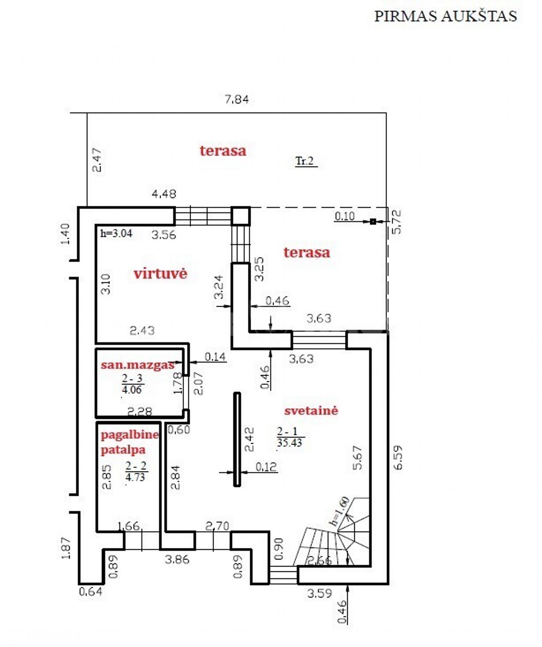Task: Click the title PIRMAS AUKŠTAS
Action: pyautogui.click(x=445, y=16)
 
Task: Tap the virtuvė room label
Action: pyautogui.click(x=160, y=273)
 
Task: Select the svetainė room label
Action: pyautogui.click(x=311, y=410)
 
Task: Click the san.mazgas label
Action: pyautogui.click(x=137, y=365)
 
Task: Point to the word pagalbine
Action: pyautogui.click(x=130, y=435)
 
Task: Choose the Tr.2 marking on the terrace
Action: pyautogui.click(x=305, y=161)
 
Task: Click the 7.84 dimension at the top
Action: pyautogui.click(x=237, y=99)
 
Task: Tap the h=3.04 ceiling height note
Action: pyautogui.click(x=116, y=233)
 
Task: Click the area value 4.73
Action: pyautogui.click(x=135, y=477)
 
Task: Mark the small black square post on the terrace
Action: pyautogui.click(x=373, y=221)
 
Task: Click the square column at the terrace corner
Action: pyautogui.click(x=241, y=216)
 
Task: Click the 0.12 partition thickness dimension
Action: pyautogui.click(x=266, y=467)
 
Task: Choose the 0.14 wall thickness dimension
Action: pyautogui.click(x=215, y=357)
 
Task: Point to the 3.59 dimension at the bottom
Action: pyautogui.click(x=320, y=594)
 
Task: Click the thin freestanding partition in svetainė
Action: pyautogui.click(x=237, y=439)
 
